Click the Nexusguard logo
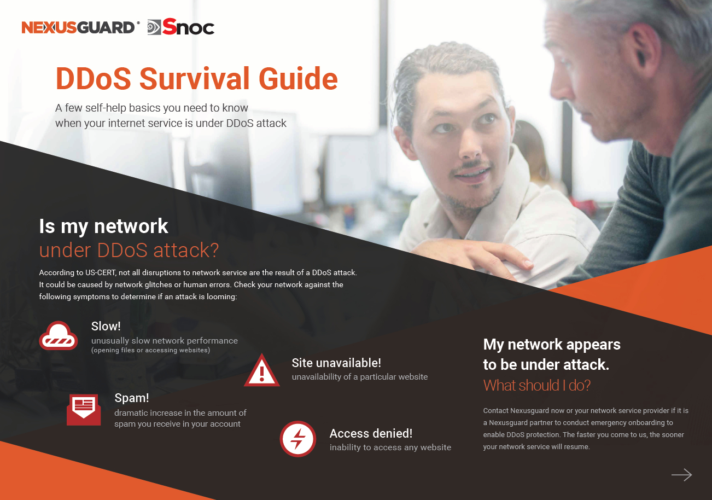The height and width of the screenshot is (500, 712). point(80,27)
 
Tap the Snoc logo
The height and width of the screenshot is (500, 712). point(181,27)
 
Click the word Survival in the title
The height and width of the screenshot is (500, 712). point(195,78)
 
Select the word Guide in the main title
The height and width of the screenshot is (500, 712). point(298,78)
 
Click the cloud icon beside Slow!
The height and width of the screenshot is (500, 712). point(59,335)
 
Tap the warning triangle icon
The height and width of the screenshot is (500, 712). point(262,370)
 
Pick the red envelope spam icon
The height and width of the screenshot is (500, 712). point(84,410)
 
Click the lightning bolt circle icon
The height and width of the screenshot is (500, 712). point(298,439)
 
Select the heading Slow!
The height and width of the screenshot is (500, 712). point(106,326)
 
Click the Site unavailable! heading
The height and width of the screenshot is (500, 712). point(336,363)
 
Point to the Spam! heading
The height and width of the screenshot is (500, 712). point(132,398)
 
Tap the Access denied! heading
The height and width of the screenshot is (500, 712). point(371,433)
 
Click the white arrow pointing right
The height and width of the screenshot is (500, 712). point(682,475)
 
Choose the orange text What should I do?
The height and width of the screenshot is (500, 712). point(537,386)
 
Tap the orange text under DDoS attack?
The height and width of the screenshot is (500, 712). point(129,250)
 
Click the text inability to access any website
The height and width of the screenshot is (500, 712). point(390,447)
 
